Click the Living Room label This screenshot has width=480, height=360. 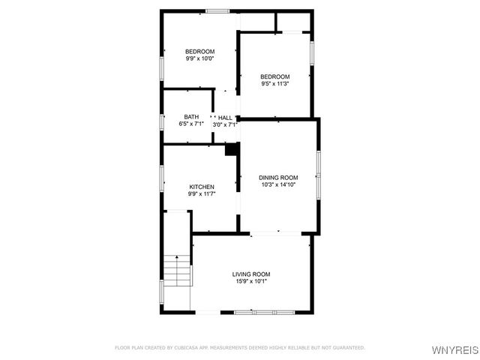coord(250,274)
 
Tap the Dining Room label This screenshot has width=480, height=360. coord(279,177)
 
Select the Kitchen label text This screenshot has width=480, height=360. coord(202,187)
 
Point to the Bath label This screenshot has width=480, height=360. coord(192,117)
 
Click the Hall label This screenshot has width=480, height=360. coord(225,117)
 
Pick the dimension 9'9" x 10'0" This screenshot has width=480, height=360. coord(200,58)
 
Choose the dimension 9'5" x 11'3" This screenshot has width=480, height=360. coord(275,83)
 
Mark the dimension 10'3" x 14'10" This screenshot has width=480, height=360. coord(279,184)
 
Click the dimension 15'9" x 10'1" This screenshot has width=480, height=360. coord(250,281)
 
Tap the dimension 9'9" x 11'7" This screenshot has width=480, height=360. coord(202,194)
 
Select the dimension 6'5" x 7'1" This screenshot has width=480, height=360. coord(192,124)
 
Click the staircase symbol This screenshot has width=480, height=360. coord(177,270)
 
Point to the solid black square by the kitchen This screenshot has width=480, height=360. coord(232,150)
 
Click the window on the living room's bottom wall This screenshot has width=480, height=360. coord(265,311)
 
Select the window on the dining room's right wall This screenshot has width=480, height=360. coord(318,172)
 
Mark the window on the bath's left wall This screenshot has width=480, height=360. coord(162,120)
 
